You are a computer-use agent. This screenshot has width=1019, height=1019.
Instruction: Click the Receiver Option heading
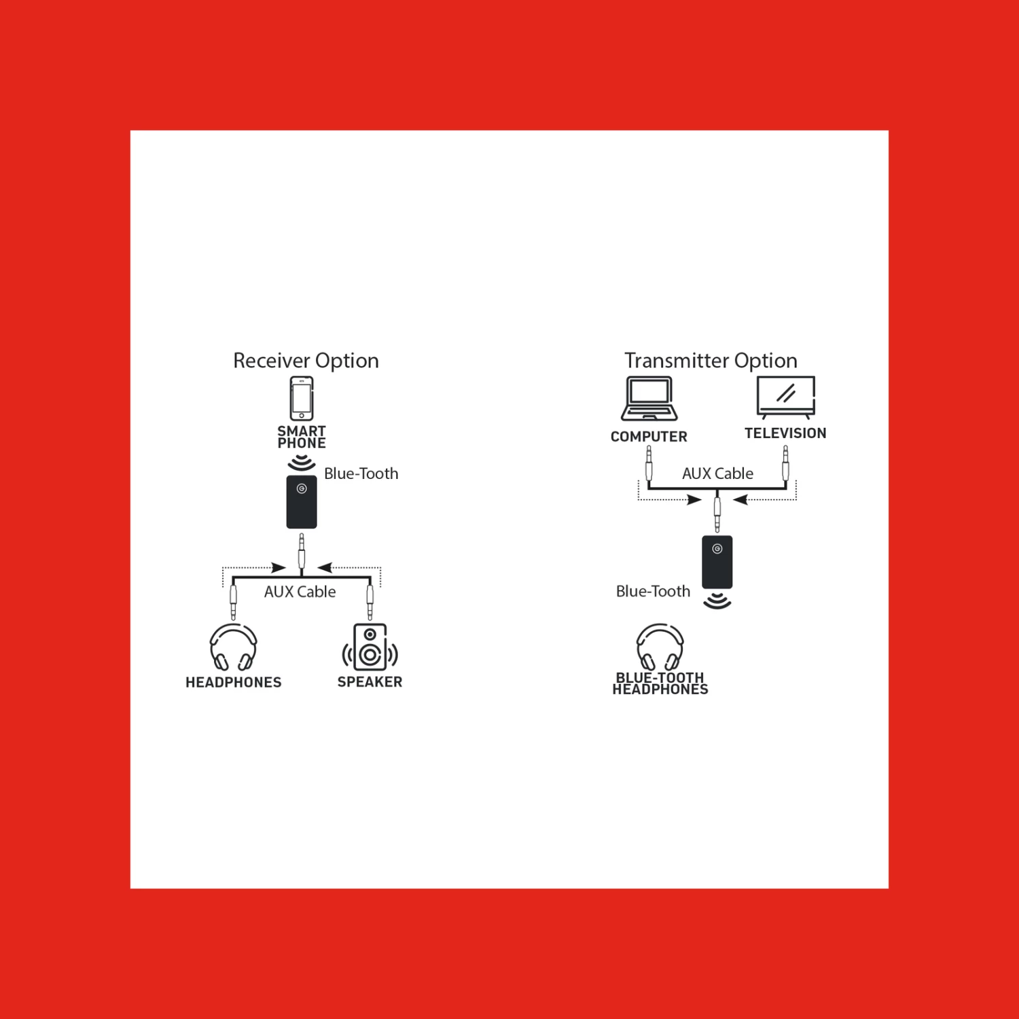(x=306, y=361)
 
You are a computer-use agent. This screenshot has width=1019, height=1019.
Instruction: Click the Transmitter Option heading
(x=711, y=361)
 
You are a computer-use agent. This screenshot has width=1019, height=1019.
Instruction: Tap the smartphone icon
(x=302, y=399)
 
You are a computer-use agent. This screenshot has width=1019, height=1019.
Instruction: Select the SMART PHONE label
(x=302, y=437)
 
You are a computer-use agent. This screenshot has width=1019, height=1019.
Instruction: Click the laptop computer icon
(x=649, y=399)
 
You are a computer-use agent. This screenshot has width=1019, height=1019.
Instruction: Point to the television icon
(x=785, y=397)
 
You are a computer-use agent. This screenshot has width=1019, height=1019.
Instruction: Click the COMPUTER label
(x=649, y=437)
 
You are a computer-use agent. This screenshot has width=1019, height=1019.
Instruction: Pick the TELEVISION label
(x=785, y=433)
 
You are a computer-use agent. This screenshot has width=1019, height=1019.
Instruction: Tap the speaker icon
(x=370, y=647)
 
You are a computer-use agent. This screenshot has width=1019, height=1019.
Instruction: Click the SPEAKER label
(x=370, y=682)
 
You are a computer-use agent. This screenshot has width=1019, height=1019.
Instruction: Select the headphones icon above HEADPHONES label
(x=233, y=647)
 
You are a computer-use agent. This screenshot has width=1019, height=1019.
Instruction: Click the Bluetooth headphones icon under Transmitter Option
(x=660, y=647)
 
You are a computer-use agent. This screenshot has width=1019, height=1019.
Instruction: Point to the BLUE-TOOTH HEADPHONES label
(x=660, y=683)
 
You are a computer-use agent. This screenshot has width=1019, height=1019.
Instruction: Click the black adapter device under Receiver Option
(x=302, y=502)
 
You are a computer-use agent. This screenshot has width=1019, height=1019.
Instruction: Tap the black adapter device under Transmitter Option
(x=717, y=562)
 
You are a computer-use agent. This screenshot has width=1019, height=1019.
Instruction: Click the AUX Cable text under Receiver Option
(x=300, y=592)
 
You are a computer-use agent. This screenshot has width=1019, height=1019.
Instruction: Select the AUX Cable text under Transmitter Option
(x=717, y=473)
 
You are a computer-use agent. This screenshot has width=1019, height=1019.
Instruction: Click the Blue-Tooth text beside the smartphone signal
(x=361, y=473)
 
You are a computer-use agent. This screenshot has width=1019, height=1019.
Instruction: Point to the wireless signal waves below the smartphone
(x=302, y=463)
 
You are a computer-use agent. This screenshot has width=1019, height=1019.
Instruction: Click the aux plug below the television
(x=785, y=463)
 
